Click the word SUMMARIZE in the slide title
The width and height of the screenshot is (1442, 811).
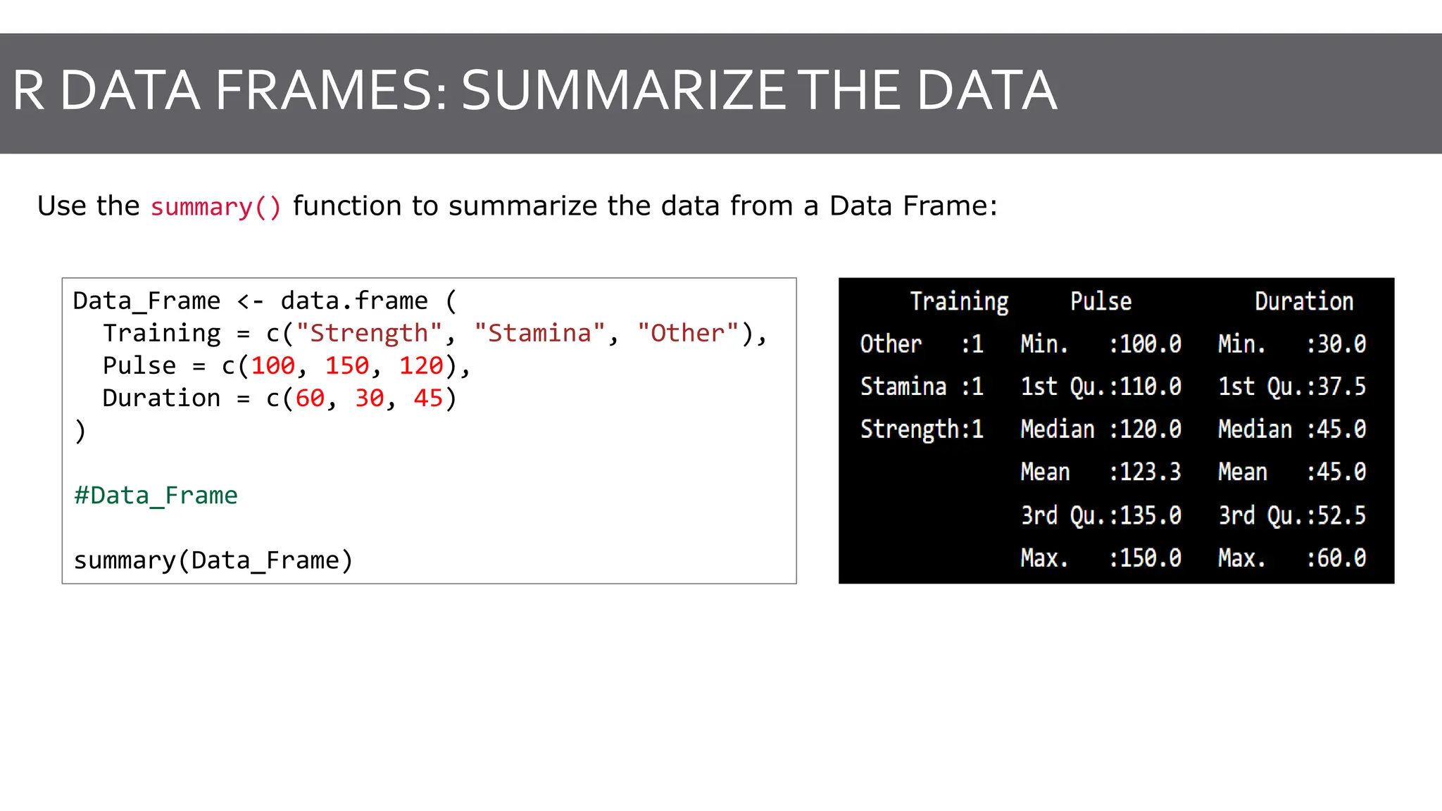(623, 91)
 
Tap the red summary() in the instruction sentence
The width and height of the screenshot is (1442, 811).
(215, 207)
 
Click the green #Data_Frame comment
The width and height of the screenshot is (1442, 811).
(156, 496)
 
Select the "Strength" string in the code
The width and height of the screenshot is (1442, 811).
(369, 333)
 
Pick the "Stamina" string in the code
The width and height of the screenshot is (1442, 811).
(539, 333)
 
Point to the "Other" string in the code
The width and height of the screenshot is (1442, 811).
(688, 333)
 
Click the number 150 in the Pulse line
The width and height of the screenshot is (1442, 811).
(347, 366)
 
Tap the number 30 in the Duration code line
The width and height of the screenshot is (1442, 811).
(370, 398)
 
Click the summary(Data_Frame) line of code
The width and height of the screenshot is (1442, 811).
(213, 560)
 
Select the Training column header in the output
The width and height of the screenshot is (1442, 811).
(959, 301)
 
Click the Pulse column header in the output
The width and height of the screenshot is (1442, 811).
(1101, 301)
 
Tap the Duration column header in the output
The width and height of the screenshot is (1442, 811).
(1304, 301)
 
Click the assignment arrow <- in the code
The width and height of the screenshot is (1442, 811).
(251, 301)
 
